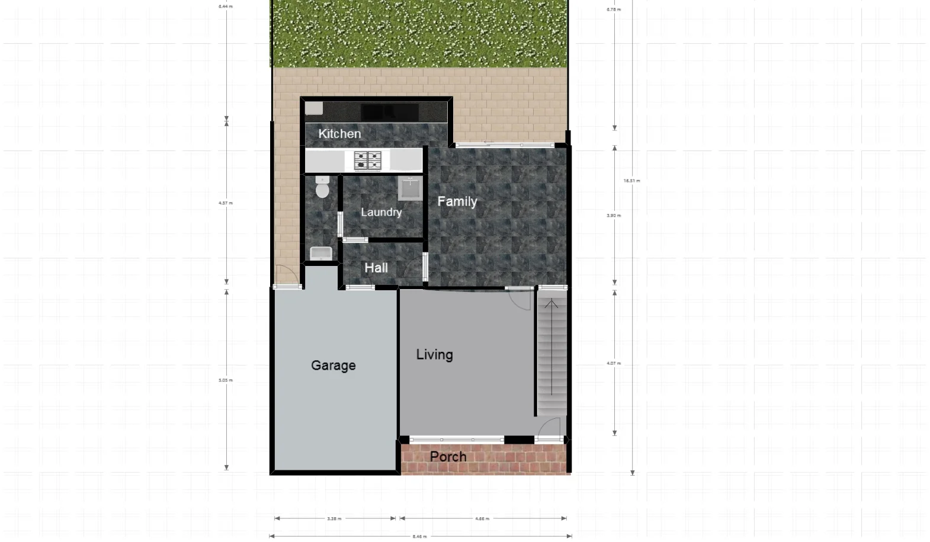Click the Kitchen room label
coord(339,134)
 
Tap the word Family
coord(457,201)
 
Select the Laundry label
coord(381,212)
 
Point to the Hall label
coord(376,268)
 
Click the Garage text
coord(333,365)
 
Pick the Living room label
coord(434,355)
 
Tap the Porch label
coord(448,457)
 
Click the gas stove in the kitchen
coord(367,161)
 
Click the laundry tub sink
coord(410,188)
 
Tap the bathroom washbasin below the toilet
coord(322,254)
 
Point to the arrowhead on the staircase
coord(551,304)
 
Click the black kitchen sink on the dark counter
coord(389,112)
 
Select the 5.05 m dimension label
coord(226,380)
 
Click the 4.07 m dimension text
coord(614,363)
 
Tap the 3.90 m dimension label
coord(614,216)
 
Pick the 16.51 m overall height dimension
coord(632,181)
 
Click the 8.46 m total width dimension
coord(419,537)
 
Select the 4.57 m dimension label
coord(226,203)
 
